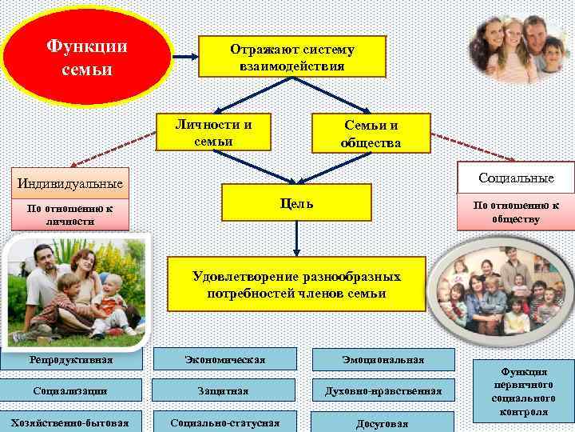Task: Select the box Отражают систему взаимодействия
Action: [x=292, y=58]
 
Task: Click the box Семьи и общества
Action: [x=371, y=134]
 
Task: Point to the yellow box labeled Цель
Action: [x=296, y=202]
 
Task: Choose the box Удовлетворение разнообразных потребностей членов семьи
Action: [x=296, y=284]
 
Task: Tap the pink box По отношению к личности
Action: [x=65, y=214]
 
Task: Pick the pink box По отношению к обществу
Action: [x=516, y=212]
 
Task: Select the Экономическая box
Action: [x=224, y=359]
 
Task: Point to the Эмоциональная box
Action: [x=383, y=359]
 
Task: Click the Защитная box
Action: [x=224, y=391]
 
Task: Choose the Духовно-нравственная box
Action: [x=383, y=391]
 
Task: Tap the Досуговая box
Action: [x=383, y=423]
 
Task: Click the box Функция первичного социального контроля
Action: [x=524, y=392]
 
